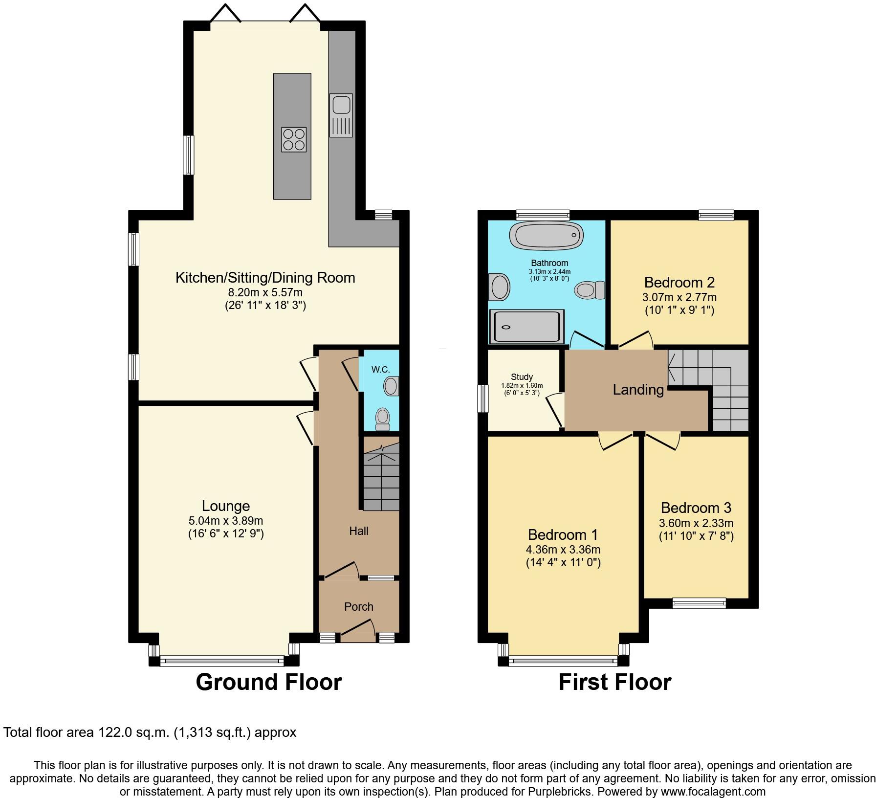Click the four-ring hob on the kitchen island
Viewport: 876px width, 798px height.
(x=294, y=139)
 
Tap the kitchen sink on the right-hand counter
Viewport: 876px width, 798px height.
(x=341, y=115)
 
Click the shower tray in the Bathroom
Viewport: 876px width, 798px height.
(x=526, y=326)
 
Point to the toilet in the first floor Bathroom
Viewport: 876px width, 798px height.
(x=590, y=290)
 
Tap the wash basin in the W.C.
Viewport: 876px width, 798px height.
(x=391, y=386)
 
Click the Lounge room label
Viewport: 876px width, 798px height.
(x=226, y=506)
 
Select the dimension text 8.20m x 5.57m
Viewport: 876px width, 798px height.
(x=265, y=292)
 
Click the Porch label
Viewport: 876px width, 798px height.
(x=359, y=607)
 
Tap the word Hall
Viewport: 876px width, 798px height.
(x=359, y=531)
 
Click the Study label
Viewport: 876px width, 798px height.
(x=522, y=377)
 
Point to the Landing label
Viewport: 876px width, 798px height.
(x=638, y=390)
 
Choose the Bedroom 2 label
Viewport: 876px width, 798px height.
(x=679, y=282)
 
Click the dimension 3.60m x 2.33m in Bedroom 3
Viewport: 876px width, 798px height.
(x=696, y=523)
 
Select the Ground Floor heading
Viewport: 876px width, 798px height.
(x=269, y=682)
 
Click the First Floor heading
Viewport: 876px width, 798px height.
(x=615, y=682)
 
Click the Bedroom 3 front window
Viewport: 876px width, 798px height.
(x=699, y=603)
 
